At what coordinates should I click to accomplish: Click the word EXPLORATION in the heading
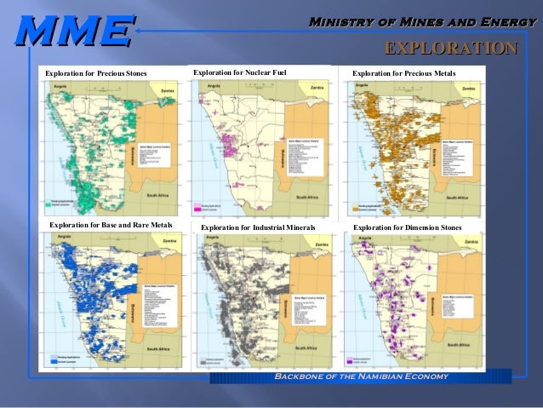coord(451,48)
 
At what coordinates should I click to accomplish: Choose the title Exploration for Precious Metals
coord(403,74)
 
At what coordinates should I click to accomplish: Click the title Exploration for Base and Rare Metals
coord(111,225)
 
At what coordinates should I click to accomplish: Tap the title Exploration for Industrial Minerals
coord(258,228)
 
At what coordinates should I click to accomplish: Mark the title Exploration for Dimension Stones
coord(407,227)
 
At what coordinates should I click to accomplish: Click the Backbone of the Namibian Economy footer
coord(360,376)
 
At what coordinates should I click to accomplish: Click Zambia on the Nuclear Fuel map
coord(317,88)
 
